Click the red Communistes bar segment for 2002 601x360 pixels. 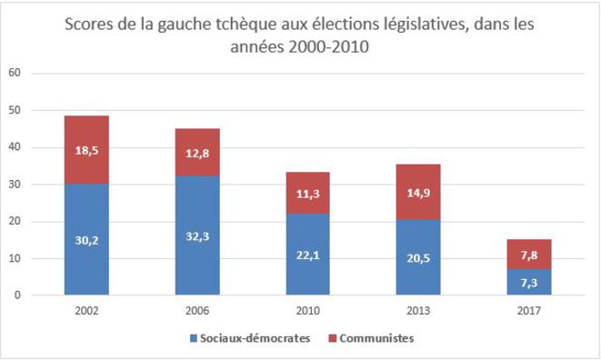click(x=86, y=150)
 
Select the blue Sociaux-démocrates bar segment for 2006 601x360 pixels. click(x=197, y=235)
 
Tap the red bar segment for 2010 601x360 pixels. click(x=308, y=193)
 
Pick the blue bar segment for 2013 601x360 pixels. click(x=418, y=257)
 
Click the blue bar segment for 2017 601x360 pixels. click(x=529, y=282)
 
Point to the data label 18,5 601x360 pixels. click(x=86, y=150)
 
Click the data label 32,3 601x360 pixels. click(x=197, y=236)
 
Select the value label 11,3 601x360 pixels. click(x=308, y=194)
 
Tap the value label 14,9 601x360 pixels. click(x=418, y=193)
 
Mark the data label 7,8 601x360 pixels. click(x=529, y=255)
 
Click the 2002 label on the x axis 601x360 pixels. click(x=86, y=310)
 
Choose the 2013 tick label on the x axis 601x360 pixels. click(x=418, y=310)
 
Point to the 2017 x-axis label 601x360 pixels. click(x=529, y=310)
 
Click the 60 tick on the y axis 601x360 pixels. click(x=15, y=73)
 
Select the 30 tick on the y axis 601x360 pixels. click(x=15, y=184)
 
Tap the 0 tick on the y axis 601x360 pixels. click(x=17, y=295)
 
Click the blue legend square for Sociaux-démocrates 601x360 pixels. click(x=194, y=338)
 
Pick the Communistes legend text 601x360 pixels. click(x=376, y=338)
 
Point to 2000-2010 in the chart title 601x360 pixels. click(x=328, y=46)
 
